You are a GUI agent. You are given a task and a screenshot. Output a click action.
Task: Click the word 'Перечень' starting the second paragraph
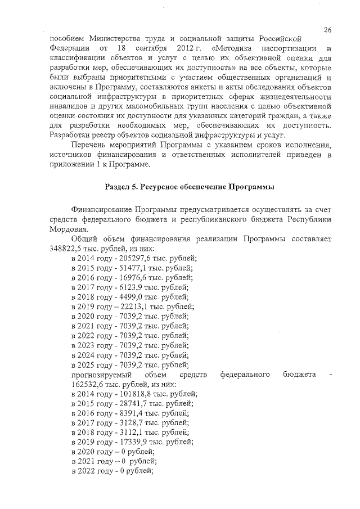tap(89, 144)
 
